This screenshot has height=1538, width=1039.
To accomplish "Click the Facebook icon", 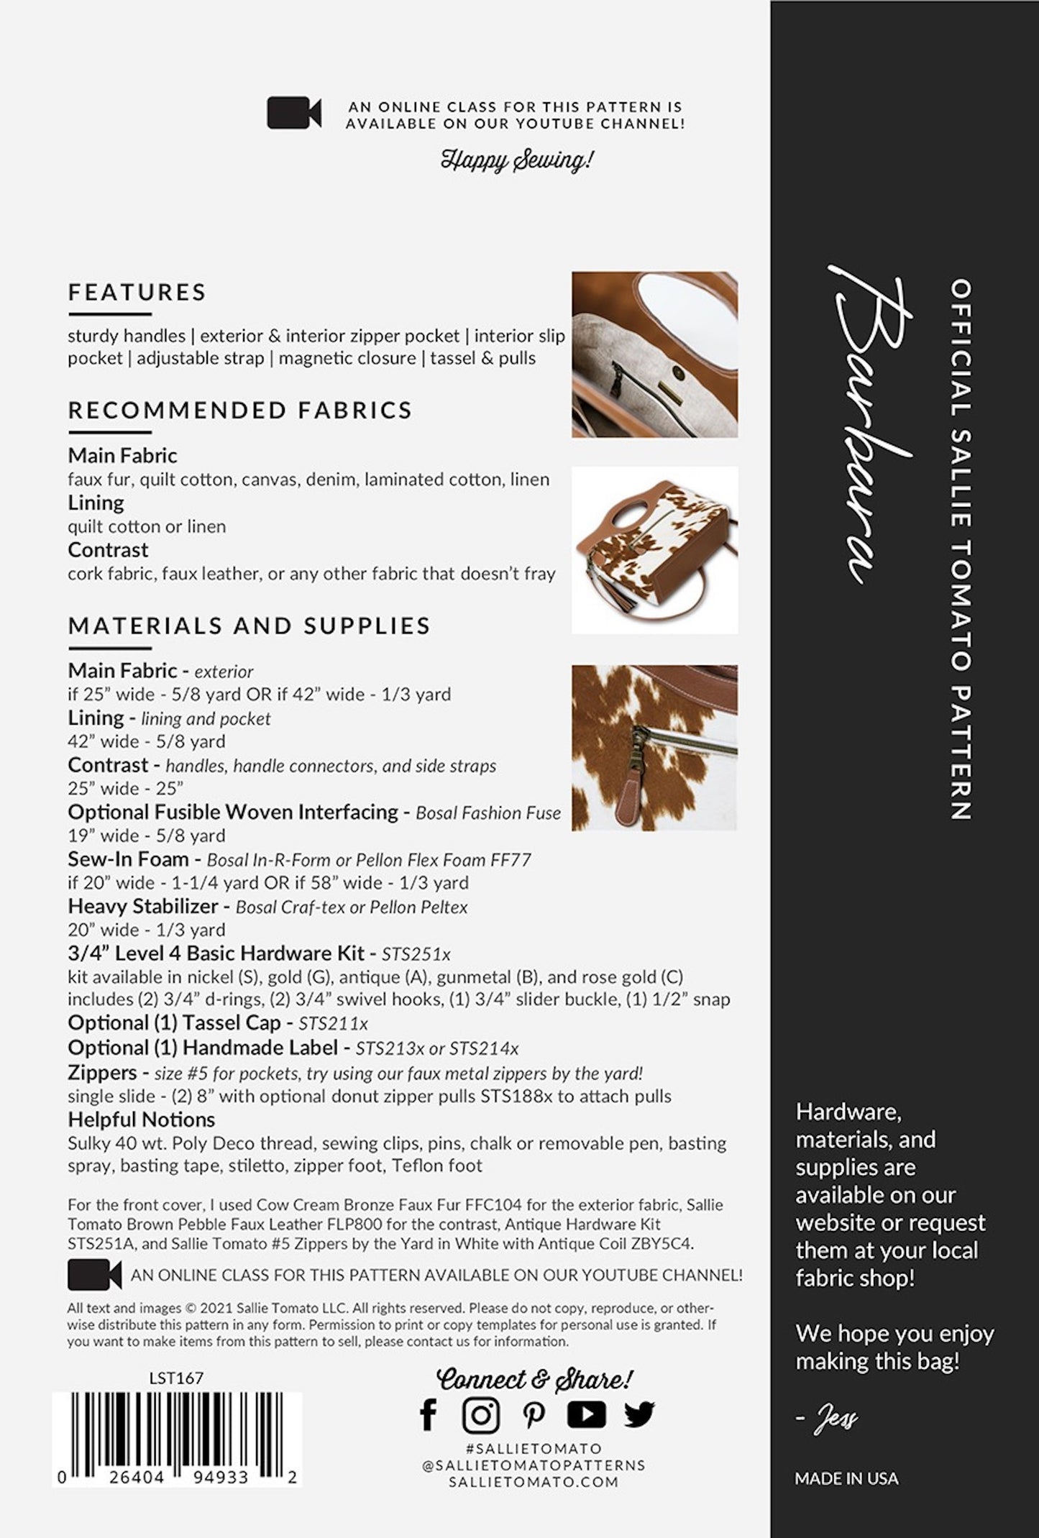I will [429, 1415].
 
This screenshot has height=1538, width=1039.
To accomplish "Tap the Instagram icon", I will [481, 1415].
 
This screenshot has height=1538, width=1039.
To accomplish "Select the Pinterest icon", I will [534, 1415].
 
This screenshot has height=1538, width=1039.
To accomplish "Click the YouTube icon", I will [586, 1414].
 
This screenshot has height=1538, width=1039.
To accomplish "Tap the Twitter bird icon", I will [638, 1414].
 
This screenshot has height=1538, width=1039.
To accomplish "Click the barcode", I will [177, 1430].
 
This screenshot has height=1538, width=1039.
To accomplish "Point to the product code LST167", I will [176, 1378].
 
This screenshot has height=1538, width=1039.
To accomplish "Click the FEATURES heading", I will [137, 292].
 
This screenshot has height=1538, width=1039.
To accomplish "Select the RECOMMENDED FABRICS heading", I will [240, 410].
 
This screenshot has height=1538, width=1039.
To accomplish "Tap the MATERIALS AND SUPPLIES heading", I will [249, 626].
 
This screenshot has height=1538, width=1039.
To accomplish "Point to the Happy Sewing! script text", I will [517, 159].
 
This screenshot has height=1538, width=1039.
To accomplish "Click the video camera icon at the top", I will [294, 114].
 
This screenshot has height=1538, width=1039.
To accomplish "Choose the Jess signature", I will [835, 1419].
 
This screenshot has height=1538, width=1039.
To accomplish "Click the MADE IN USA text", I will [846, 1478].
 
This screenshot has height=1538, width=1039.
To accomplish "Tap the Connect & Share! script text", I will [534, 1378].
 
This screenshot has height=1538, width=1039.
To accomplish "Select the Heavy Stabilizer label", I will [142, 906].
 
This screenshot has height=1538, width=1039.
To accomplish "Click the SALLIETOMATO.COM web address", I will [534, 1482].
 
